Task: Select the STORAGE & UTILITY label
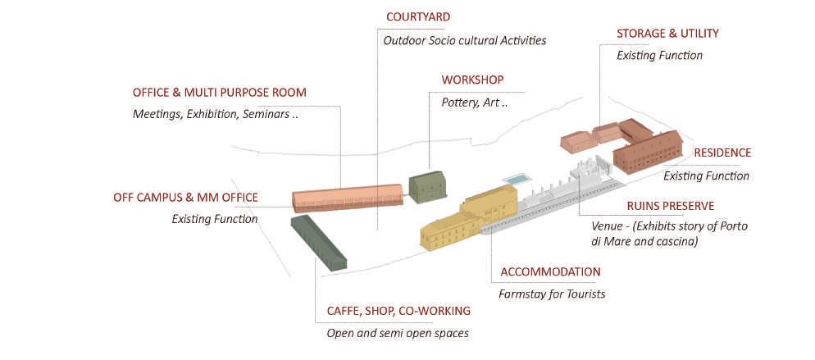(667, 34)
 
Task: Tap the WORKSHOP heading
(472, 80)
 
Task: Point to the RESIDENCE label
(722, 153)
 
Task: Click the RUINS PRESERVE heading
(658, 205)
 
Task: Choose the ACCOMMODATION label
(549, 271)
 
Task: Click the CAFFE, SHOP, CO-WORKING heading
(398, 311)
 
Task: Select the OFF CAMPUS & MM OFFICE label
(185, 197)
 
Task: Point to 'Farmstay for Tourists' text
(552, 293)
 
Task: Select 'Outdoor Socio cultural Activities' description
(464, 39)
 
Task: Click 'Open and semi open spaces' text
(398, 333)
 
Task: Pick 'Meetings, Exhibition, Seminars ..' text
(215, 114)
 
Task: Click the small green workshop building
(428, 186)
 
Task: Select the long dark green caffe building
(318, 242)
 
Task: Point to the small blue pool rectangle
(517, 179)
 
